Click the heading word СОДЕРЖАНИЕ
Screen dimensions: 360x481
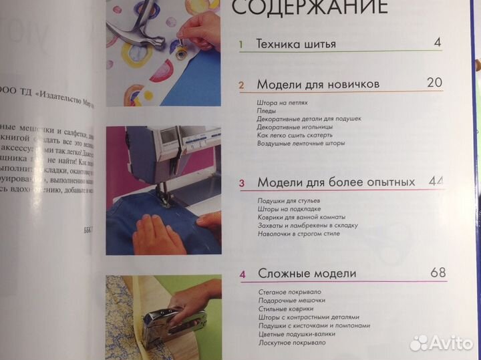pyautogui.click(x=309, y=9)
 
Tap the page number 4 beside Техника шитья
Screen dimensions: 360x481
pyautogui.click(x=437, y=43)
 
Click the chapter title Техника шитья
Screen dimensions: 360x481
pyautogui.click(x=296, y=45)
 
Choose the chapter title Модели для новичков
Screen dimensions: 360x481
pyautogui.click(x=318, y=85)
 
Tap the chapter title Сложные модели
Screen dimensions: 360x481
pyautogui.click(x=307, y=274)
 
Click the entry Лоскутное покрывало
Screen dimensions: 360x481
pyautogui.click(x=292, y=343)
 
